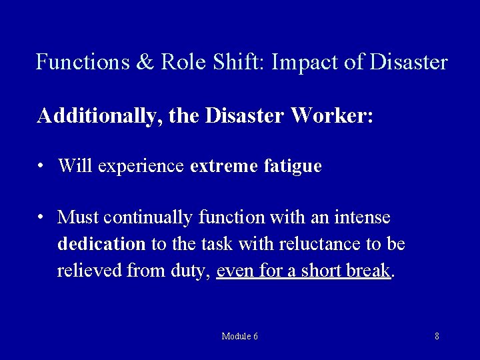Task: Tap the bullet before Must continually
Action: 42,218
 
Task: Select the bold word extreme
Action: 221,165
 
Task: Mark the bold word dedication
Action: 101,245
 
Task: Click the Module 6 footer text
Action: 240,337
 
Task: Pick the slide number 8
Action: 437,337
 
